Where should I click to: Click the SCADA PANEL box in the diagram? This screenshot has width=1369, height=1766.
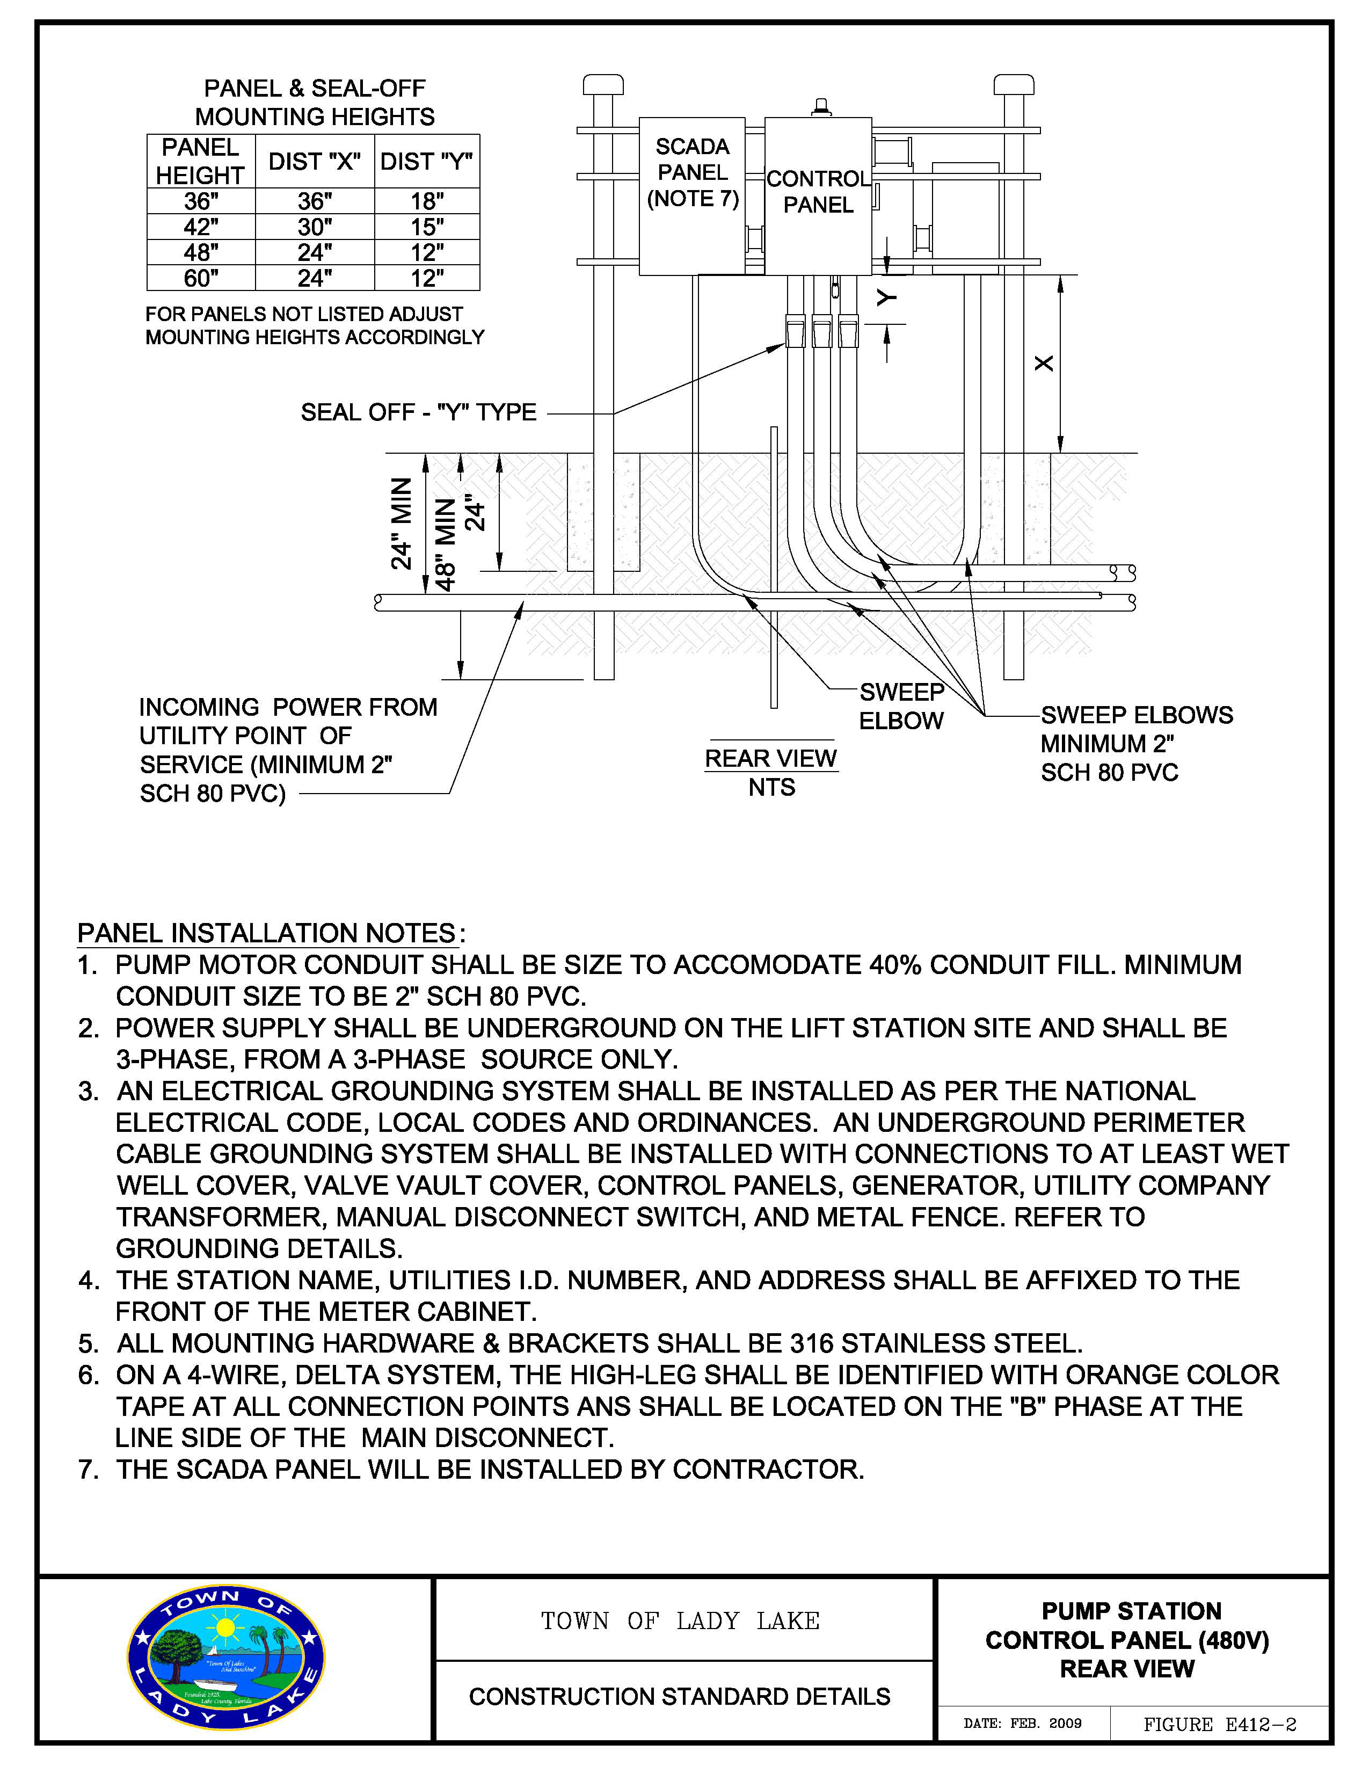click(692, 197)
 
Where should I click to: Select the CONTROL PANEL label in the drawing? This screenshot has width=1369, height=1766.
click(818, 192)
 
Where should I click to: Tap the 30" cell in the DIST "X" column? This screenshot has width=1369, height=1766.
click(315, 227)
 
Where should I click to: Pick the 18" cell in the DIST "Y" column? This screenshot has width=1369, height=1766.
click(427, 201)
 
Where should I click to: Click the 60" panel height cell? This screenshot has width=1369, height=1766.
click(201, 278)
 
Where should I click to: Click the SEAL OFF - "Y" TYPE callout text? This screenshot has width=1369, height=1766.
click(418, 412)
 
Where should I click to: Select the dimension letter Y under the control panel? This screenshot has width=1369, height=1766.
click(887, 299)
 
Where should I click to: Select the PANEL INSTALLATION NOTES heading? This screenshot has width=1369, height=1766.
click(267, 933)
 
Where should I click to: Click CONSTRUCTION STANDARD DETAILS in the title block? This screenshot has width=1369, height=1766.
click(679, 1696)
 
